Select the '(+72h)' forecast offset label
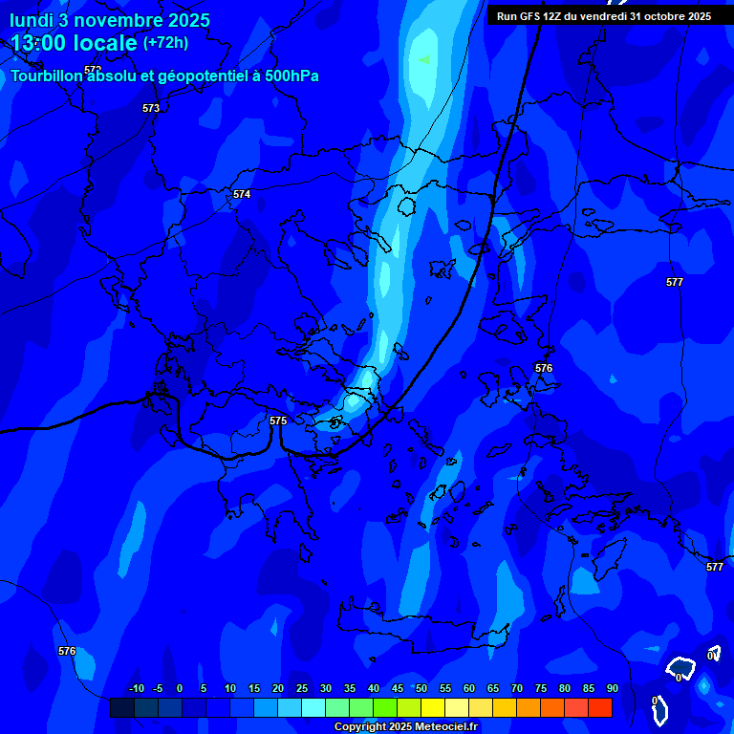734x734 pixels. [165, 43]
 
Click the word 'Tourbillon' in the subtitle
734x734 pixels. [48, 76]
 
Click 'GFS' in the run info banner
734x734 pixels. [529, 16]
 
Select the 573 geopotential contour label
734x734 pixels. [151, 108]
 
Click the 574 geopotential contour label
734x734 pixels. [242, 194]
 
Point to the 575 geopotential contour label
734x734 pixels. [278, 421]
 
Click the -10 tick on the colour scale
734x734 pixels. [136, 688]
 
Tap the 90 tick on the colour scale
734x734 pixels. [612, 688]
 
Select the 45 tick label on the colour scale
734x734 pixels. [397, 688]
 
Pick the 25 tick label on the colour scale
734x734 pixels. [301, 688]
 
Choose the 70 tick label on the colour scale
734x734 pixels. [516, 688]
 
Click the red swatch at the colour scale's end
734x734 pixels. [600, 707]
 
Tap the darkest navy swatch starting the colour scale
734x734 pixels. [121, 707]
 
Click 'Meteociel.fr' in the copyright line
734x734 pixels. [440, 727]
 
